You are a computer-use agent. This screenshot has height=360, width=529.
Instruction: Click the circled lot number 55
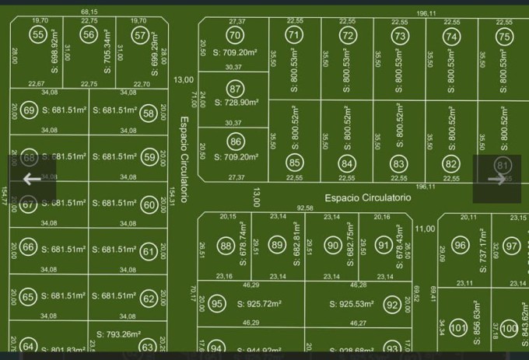tap(38, 34)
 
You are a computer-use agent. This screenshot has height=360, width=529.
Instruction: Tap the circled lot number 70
tap(234, 35)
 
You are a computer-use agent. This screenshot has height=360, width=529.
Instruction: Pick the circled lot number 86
tap(236, 142)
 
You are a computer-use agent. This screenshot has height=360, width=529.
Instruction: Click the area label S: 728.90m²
tap(236, 102)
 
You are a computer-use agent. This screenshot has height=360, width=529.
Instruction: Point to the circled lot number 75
tap(504, 36)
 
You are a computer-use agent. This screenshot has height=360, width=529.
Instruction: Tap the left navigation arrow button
tap(32, 179)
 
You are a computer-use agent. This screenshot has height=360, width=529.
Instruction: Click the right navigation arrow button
tap(496, 179)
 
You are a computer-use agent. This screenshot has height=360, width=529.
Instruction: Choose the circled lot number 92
tap(392, 304)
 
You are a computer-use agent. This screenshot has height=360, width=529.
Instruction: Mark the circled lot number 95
tap(217, 304)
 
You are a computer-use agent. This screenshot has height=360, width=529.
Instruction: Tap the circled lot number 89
tap(278, 246)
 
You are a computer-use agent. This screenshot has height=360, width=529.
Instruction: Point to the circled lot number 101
tap(458, 328)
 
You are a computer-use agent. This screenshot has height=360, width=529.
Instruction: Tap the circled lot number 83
tap(398, 163)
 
